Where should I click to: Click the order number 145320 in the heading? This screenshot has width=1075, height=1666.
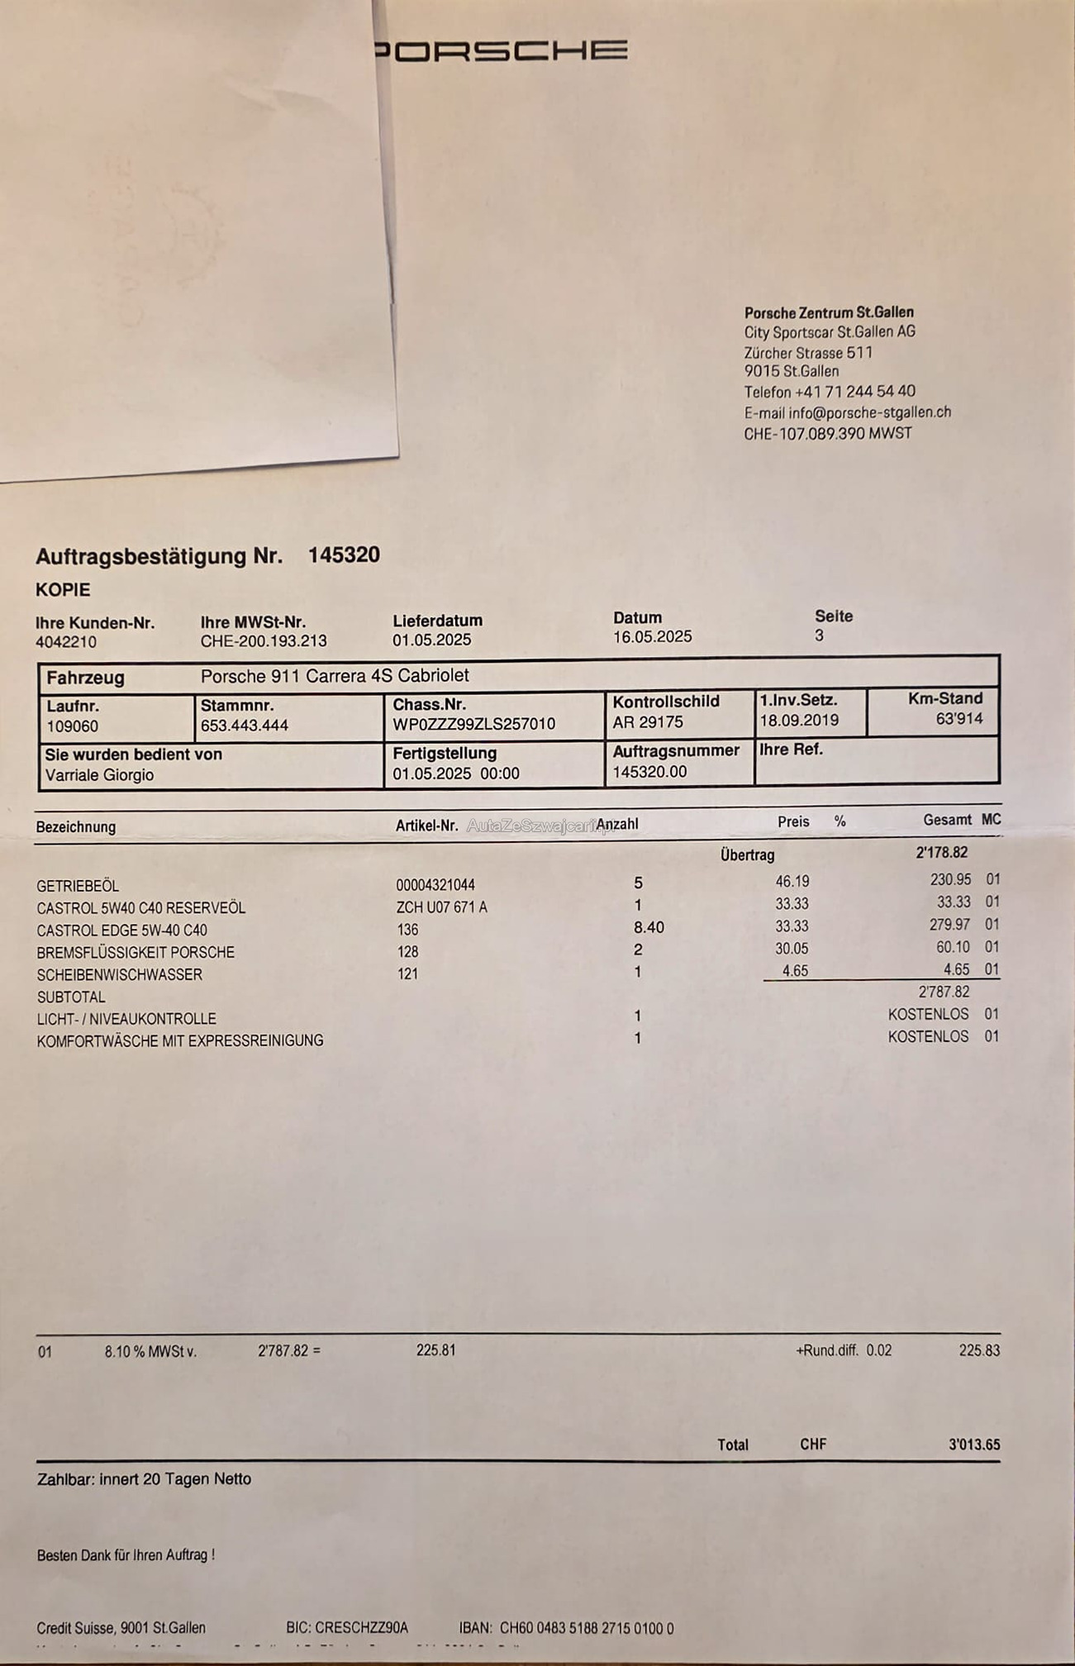click(344, 555)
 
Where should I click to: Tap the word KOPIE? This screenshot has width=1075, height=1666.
click(63, 590)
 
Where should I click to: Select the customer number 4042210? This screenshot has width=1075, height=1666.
click(66, 642)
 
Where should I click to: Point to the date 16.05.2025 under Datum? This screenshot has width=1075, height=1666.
click(652, 637)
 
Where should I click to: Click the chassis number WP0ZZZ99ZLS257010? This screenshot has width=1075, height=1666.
click(473, 725)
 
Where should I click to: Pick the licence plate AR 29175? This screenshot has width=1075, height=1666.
click(648, 722)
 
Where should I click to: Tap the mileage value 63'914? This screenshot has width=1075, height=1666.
click(958, 719)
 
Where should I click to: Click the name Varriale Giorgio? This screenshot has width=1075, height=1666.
click(99, 775)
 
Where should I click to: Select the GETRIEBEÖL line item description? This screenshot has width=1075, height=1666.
click(78, 886)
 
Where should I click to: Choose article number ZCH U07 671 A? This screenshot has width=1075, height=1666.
click(441, 907)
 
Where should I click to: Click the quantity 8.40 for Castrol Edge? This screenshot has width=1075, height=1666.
click(649, 928)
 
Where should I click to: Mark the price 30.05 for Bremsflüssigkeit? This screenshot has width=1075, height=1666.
click(792, 949)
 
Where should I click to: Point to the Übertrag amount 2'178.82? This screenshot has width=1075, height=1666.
click(942, 853)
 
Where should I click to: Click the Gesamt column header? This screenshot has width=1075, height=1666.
click(947, 820)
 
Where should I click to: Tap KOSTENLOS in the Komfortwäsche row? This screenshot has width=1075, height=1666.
click(928, 1036)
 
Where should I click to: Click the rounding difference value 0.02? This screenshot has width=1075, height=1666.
click(879, 1350)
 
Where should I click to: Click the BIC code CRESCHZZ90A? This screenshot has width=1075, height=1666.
click(347, 1627)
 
